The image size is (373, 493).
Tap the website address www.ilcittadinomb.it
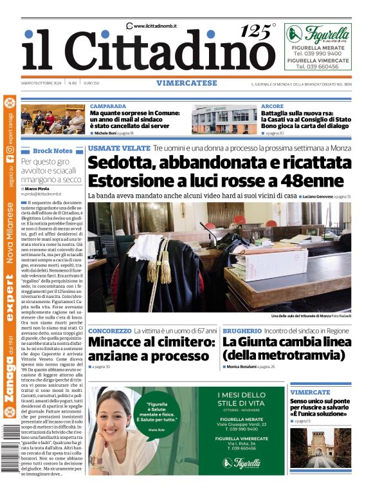click(155, 26)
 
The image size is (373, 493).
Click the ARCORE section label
click(273, 106)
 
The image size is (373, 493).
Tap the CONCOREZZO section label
click(109, 330)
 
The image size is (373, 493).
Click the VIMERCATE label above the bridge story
click(310, 392)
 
